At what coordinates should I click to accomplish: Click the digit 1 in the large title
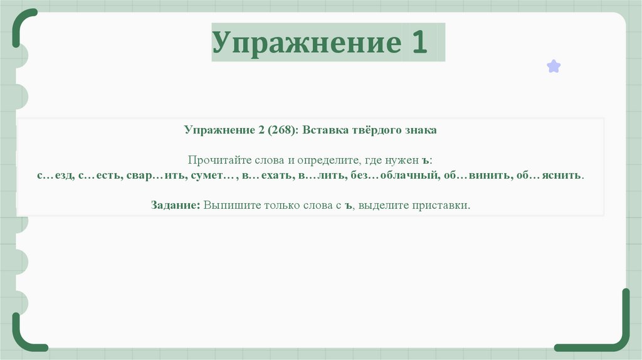click(419, 43)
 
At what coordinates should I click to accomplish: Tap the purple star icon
click(554, 66)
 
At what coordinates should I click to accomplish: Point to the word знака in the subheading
click(420, 130)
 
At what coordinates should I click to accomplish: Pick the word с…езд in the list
click(55, 176)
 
